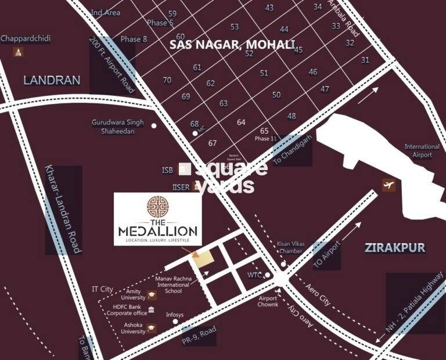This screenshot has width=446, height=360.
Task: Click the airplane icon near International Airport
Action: (x=388, y=185)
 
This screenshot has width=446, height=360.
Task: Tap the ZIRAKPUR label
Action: (x=395, y=248)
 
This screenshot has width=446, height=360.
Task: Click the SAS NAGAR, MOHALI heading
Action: (x=233, y=44)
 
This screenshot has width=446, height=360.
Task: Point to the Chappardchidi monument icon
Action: (x=19, y=52)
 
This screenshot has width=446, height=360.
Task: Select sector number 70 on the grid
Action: (x=167, y=80)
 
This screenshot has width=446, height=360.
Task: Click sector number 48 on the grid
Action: (x=292, y=116)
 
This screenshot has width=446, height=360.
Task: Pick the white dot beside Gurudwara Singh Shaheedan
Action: (x=154, y=125)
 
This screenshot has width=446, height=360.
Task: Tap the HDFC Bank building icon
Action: (x=152, y=311)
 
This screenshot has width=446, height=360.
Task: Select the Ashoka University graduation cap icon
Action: (x=152, y=327)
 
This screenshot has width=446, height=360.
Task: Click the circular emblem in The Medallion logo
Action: (x=158, y=207)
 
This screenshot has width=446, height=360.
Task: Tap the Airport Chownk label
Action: (x=268, y=301)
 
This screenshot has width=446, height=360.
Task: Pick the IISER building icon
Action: (x=196, y=187)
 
